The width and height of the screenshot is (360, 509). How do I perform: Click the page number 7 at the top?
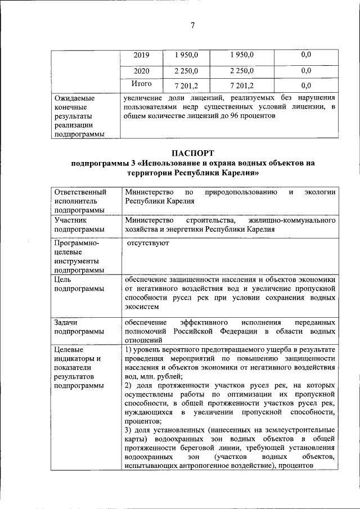[x=192, y=25]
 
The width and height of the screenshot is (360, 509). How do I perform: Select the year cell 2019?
[x=142, y=55]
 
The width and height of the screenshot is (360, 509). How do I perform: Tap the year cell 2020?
[x=142, y=70]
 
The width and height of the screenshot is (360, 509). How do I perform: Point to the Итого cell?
[x=142, y=84]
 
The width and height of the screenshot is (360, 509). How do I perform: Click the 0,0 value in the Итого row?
[x=306, y=85]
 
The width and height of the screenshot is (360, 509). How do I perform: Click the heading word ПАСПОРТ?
[x=192, y=152]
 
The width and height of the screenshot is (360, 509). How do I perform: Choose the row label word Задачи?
[x=67, y=322]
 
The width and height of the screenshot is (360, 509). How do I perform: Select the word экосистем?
[x=143, y=307]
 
